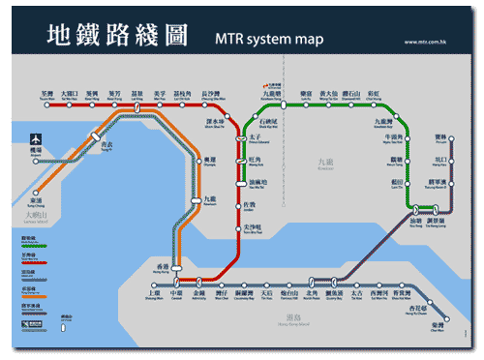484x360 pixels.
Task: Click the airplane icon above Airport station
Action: (37, 138)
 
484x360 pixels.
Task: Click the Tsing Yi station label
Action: (115, 145)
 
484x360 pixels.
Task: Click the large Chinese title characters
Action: (118, 36)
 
